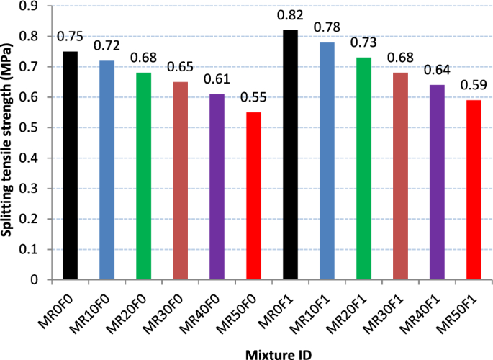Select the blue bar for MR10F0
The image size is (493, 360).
coord(107,170)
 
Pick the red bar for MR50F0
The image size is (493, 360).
coord(253,196)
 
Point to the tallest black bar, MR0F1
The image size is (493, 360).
coord(290,155)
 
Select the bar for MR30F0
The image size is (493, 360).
coord(180,181)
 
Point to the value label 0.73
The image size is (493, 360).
coord(363,42)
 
